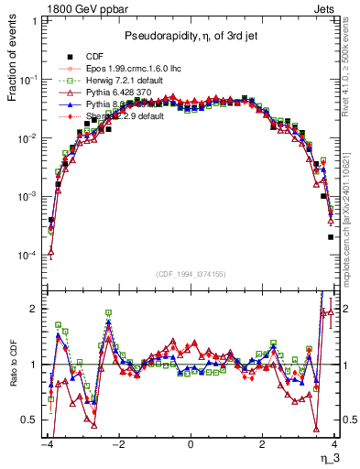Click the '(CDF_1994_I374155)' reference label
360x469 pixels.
191,272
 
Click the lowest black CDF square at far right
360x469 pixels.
331,237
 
